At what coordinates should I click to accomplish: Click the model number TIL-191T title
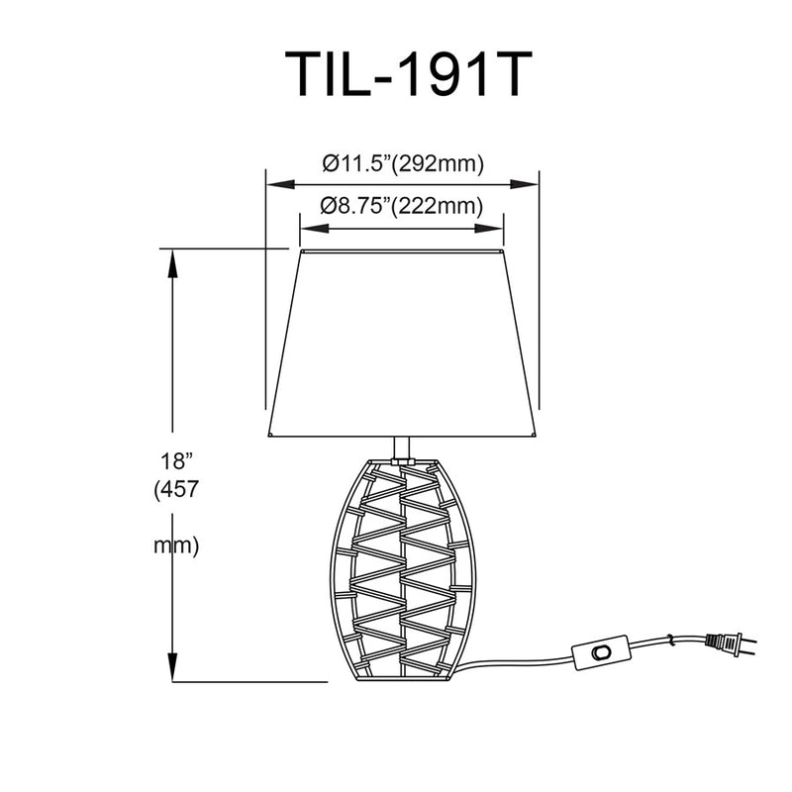point(408,73)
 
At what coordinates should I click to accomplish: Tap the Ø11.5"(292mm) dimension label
point(403,163)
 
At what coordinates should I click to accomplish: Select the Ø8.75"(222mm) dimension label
point(402,206)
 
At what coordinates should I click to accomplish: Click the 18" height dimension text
point(177,461)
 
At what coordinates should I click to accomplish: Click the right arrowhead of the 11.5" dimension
point(525,184)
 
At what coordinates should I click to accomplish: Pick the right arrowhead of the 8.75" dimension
point(489,229)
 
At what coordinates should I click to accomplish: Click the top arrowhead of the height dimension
point(172,263)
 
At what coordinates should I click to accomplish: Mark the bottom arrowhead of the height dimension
point(172,666)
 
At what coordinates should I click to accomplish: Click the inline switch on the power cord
point(601,652)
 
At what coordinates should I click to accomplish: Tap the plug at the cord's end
point(731,644)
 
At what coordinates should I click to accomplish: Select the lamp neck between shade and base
point(402,448)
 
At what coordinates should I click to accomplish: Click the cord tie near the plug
point(671,641)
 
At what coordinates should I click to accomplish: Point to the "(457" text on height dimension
point(177,489)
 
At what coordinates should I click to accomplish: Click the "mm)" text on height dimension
point(176,546)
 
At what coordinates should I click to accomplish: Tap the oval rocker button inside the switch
point(601,652)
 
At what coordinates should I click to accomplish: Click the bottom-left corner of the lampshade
point(268,437)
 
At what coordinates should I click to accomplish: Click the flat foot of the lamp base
point(403,679)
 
